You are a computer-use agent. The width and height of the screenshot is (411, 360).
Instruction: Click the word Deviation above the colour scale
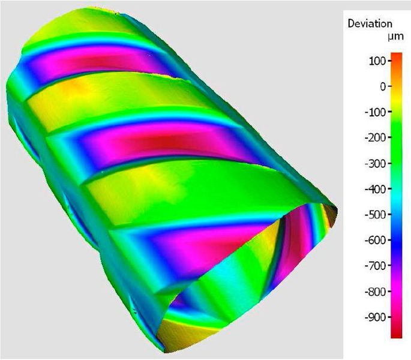tap(370, 24)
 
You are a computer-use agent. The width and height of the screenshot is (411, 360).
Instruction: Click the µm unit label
tap(385, 37)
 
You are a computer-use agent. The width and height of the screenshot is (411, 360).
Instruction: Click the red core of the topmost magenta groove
tap(105, 63)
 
